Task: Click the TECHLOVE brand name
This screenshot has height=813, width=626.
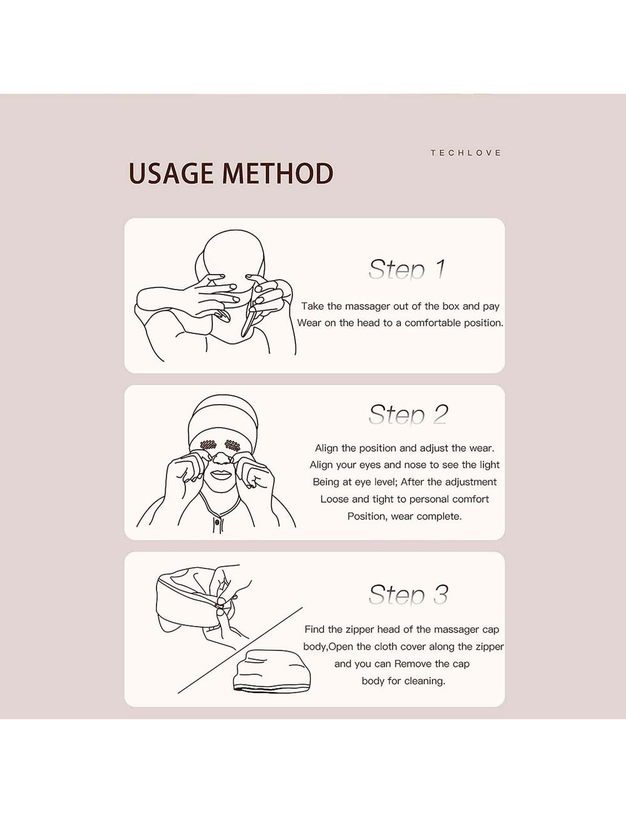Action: [x=466, y=153]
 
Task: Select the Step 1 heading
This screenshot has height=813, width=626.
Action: [x=407, y=270]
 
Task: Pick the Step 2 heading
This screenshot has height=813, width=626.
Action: [x=408, y=414]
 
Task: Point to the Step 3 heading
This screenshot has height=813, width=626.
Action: [x=408, y=595]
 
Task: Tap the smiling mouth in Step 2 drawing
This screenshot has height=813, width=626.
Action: [x=220, y=473]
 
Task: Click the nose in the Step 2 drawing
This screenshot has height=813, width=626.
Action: [x=220, y=459]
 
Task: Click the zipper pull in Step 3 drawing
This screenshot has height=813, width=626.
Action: [x=220, y=603]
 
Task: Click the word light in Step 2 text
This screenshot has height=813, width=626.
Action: [x=489, y=465]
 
